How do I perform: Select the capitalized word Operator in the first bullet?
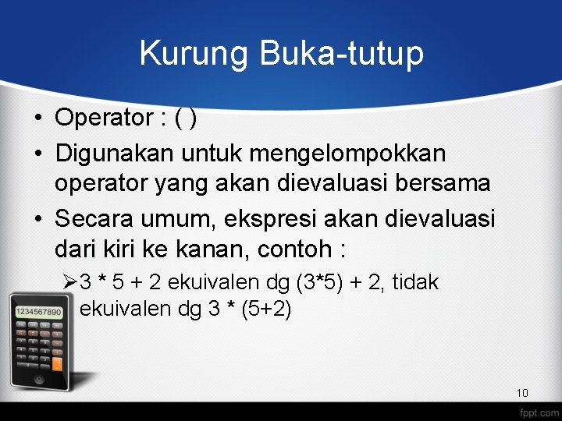105,118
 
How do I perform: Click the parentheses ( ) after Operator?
186,119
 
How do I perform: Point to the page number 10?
522,393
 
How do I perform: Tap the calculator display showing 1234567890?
38,312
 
